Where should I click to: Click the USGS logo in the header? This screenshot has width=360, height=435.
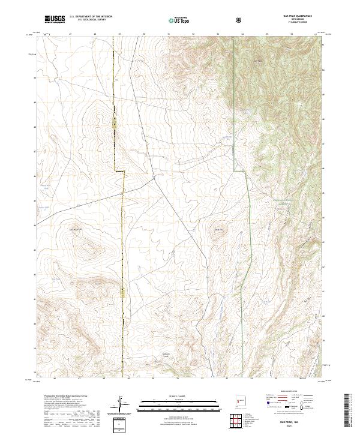pos(55,19)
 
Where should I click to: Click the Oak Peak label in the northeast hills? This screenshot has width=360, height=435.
pos(259,60)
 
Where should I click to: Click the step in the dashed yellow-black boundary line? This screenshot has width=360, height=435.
pos(119,172)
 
